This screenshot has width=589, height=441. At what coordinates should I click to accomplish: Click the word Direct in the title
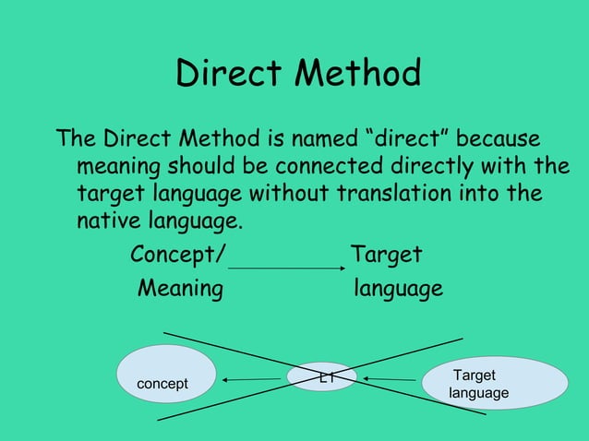[230, 74]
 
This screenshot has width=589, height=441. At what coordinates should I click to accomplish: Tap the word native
[104, 223]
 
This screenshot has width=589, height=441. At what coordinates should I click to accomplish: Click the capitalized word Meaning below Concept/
[180, 289]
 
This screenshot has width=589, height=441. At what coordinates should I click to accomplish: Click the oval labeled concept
[164, 375]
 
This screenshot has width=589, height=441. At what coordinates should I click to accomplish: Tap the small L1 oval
[321, 376]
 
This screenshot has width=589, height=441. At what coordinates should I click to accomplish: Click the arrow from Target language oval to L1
[389, 379]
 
